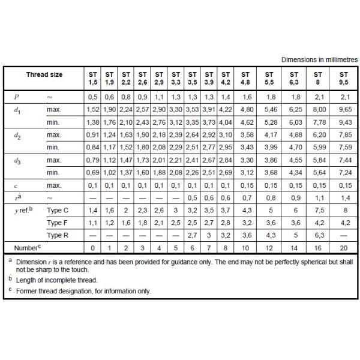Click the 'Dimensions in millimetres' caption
(x=319, y=60)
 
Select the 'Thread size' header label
(x=44, y=74)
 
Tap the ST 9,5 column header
(x=343, y=79)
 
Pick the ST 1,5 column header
(x=92, y=79)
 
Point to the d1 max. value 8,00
(x=319, y=110)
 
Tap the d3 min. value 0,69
(x=92, y=173)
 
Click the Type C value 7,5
(x=319, y=211)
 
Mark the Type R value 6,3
(x=319, y=235)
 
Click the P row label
(x=16, y=97)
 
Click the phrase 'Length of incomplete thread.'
(x=53, y=280)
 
